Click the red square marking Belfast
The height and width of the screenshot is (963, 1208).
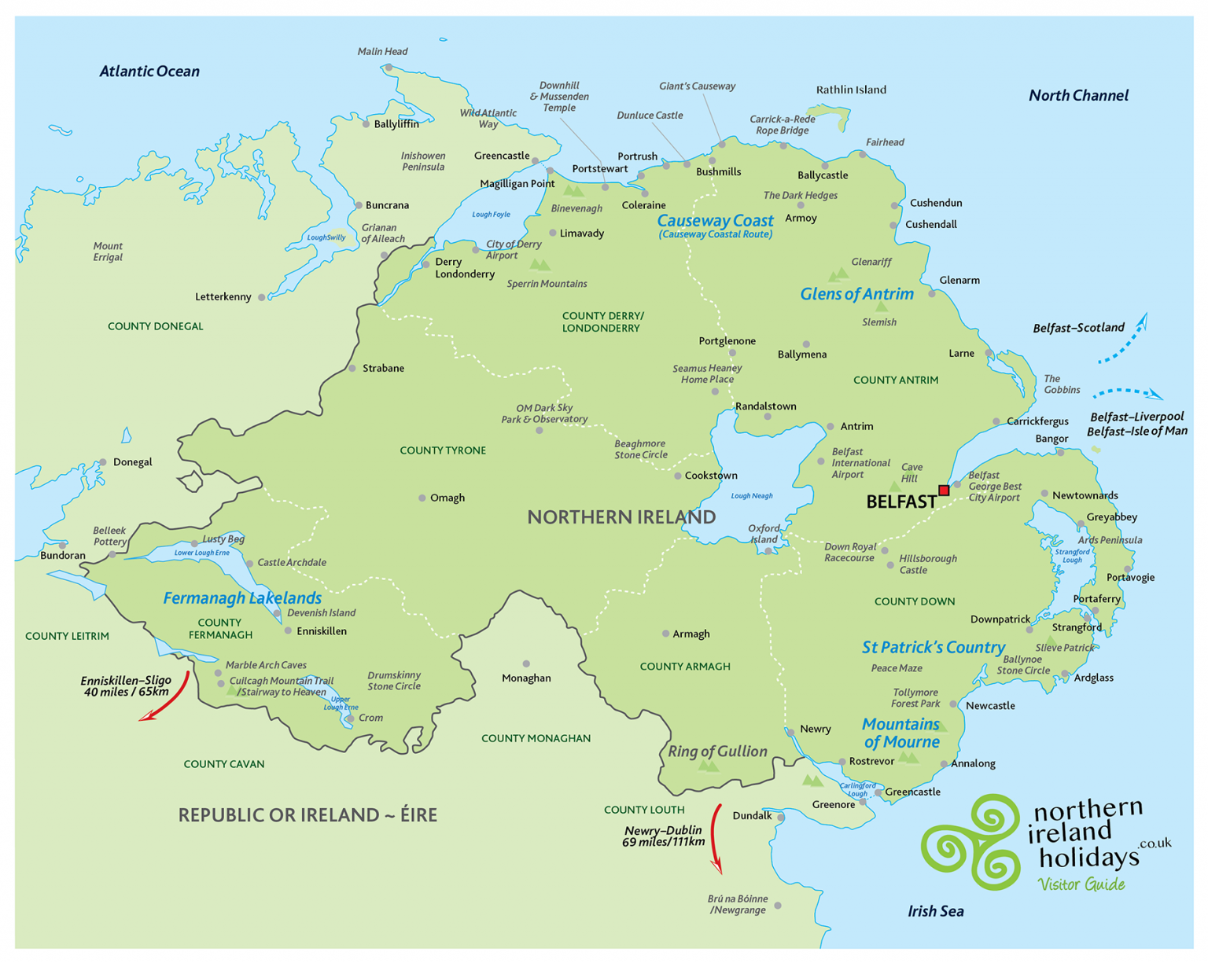[944, 490]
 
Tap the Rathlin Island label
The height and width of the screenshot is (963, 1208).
[851, 90]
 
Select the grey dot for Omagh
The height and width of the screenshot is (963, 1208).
[422, 498]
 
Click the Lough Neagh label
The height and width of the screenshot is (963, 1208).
[752, 495]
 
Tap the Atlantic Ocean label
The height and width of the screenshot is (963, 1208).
[149, 72]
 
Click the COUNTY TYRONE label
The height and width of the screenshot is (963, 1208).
[443, 450]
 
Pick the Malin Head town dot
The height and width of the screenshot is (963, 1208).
[389, 68]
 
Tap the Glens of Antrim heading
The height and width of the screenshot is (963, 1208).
[856, 294]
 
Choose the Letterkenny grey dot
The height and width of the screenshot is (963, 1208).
[262, 297]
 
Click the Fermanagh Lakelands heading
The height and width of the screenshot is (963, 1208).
[242, 598]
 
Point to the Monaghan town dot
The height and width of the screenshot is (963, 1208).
[526, 663]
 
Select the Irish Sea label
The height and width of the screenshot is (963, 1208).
[935, 911]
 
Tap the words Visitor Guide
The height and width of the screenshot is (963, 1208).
[1081, 884]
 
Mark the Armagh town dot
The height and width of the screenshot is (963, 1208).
[665, 634]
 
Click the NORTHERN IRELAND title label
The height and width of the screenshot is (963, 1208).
[621, 517]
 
